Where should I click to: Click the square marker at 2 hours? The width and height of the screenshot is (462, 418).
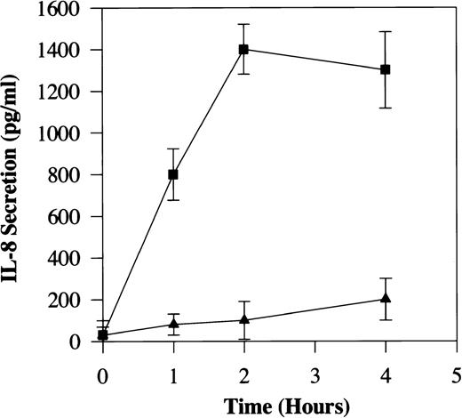pos(243,49)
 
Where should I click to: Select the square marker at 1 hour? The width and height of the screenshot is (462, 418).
pos(173,174)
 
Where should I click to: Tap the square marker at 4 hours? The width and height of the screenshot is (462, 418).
pos(385,69)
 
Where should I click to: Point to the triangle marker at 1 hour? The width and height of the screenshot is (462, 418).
pos(173,324)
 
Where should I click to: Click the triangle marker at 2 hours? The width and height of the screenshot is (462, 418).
pos(243,320)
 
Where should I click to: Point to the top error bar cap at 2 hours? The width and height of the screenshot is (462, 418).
pos(243,24)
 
